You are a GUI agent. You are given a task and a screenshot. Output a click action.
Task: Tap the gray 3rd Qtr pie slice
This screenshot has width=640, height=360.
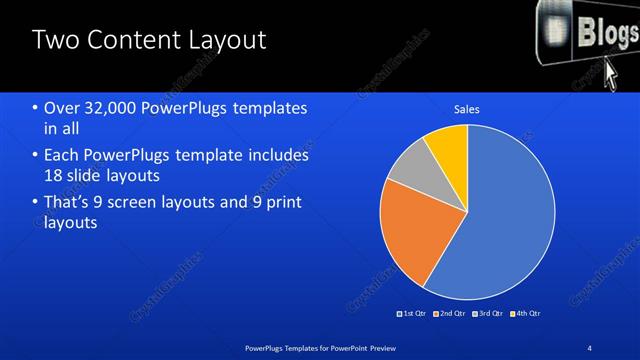[408, 170]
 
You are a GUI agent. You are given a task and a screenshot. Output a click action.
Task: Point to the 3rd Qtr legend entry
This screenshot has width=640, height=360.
[490, 313]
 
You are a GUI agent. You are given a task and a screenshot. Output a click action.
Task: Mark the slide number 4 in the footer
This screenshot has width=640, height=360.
[589, 348]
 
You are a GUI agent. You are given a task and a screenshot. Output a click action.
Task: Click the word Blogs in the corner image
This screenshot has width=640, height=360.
[604, 33]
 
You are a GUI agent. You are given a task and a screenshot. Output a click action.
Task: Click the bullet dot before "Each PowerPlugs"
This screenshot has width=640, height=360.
[36, 156]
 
